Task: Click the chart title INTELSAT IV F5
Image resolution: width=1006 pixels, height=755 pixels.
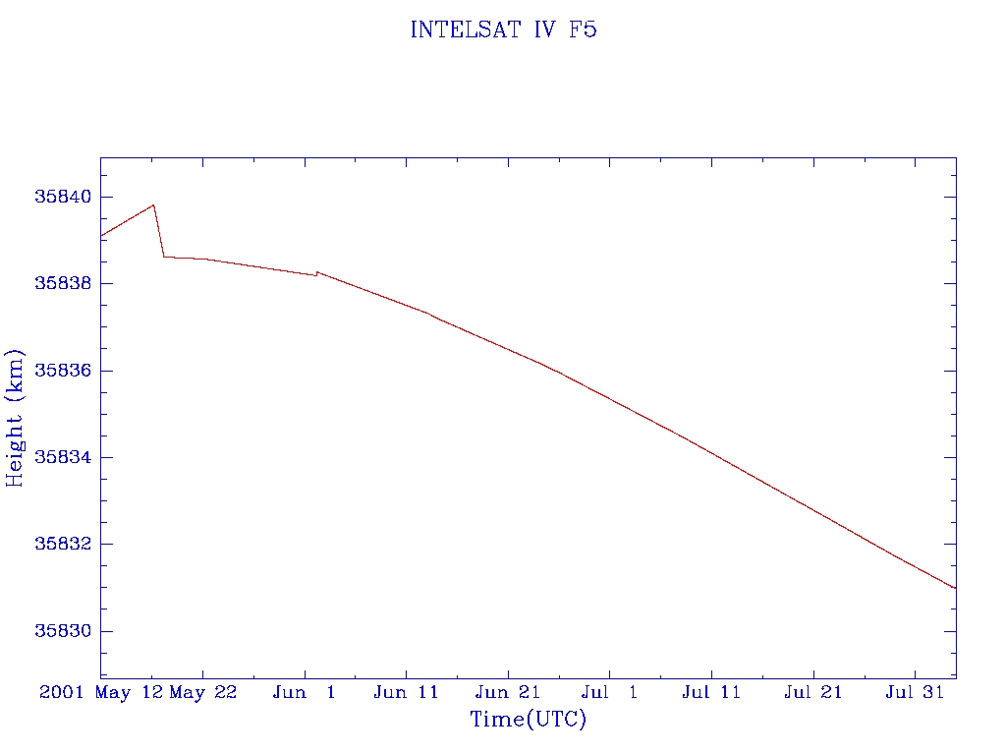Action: [x=503, y=30]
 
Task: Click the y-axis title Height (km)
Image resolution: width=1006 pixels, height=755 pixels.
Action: [x=16, y=418]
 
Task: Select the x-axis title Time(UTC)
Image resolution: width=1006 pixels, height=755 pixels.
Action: [x=528, y=720]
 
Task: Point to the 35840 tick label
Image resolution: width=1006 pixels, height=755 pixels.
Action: [x=63, y=197]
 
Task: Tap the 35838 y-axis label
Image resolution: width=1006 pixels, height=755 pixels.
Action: [x=63, y=283]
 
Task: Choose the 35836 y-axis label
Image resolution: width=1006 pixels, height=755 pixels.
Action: [x=63, y=371]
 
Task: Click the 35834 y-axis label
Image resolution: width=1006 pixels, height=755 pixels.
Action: [x=63, y=457]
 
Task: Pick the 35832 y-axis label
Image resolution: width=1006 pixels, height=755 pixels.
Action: [x=63, y=544]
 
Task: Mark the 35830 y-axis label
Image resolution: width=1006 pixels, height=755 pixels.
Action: [x=63, y=631]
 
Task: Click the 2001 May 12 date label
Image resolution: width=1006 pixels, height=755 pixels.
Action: [x=101, y=692]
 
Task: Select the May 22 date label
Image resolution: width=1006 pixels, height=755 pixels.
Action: [x=203, y=692]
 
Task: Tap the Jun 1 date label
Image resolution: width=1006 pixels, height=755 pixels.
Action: [x=305, y=692]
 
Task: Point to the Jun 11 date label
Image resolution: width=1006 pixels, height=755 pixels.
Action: [x=406, y=692]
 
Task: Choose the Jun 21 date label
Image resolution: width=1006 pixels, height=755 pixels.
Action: [x=508, y=692]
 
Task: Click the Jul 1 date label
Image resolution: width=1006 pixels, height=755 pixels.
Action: [x=609, y=692]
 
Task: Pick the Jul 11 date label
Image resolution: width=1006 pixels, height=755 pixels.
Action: [x=711, y=692]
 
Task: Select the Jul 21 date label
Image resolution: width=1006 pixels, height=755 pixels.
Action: [x=813, y=692]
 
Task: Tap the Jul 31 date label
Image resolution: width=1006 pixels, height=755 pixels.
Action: [x=915, y=692]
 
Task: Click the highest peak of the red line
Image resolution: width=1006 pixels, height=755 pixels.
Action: [x=153, y=204]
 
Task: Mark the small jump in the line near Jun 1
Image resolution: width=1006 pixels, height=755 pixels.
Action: [x=317, y=272]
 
